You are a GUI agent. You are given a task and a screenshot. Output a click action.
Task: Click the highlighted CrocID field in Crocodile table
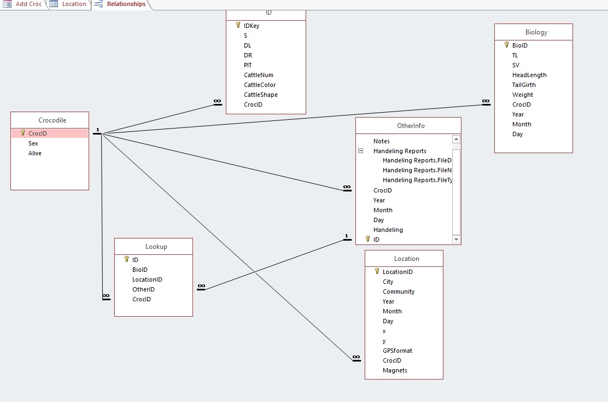[x=38, y=133]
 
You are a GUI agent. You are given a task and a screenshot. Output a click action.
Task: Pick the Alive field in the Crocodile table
[x=35, y=153]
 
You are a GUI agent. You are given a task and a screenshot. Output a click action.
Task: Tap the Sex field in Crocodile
[x=33, y=143]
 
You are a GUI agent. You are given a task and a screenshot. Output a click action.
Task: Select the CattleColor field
[x=260, y=85]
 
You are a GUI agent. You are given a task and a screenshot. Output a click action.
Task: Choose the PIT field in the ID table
[x=248, y=65]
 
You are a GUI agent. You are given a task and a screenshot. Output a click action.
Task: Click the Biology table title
[x=536, y=32]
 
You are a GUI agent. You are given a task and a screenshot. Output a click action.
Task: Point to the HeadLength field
[x=529, y=75]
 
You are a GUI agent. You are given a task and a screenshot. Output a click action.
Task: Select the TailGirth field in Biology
[x=524, y=85]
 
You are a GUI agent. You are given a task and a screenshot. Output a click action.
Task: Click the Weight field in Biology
[x=523, y=95]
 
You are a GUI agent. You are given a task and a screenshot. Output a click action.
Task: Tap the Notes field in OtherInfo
[x=382, y=141]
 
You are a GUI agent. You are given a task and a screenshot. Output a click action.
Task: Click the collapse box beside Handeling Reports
[x=361, y=151]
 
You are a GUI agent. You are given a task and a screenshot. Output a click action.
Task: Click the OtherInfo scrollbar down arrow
[x=457, y=240]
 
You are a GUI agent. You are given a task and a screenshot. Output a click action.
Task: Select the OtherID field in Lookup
[x=143, y=289]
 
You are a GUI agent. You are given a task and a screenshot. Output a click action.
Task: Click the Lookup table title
[x=156, y=247]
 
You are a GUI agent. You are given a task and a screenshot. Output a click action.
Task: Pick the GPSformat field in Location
[x=397, y=351]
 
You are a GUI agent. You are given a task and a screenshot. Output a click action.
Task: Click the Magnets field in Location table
[x=395, y=370]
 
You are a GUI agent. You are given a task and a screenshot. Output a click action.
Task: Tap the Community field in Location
[x=399, y=292]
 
